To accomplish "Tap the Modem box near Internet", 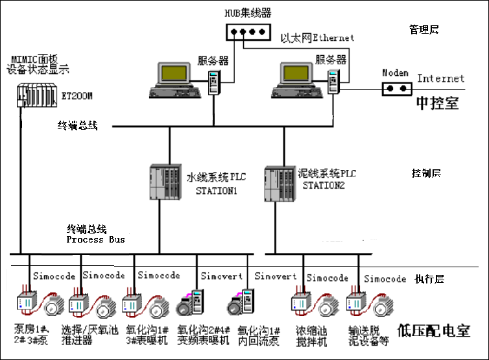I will pyautogui.click(x=397, y=88).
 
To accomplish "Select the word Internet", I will pyautogui.click(x=441, y=78).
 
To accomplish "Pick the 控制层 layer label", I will pyautogui.click(x=426, y=173).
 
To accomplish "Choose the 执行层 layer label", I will pyautogui.click(x=429, y=279).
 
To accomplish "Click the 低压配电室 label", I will pyautogui.click(x=434, y=330).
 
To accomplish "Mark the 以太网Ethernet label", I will pyautogui.click(x=317, y=38).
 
